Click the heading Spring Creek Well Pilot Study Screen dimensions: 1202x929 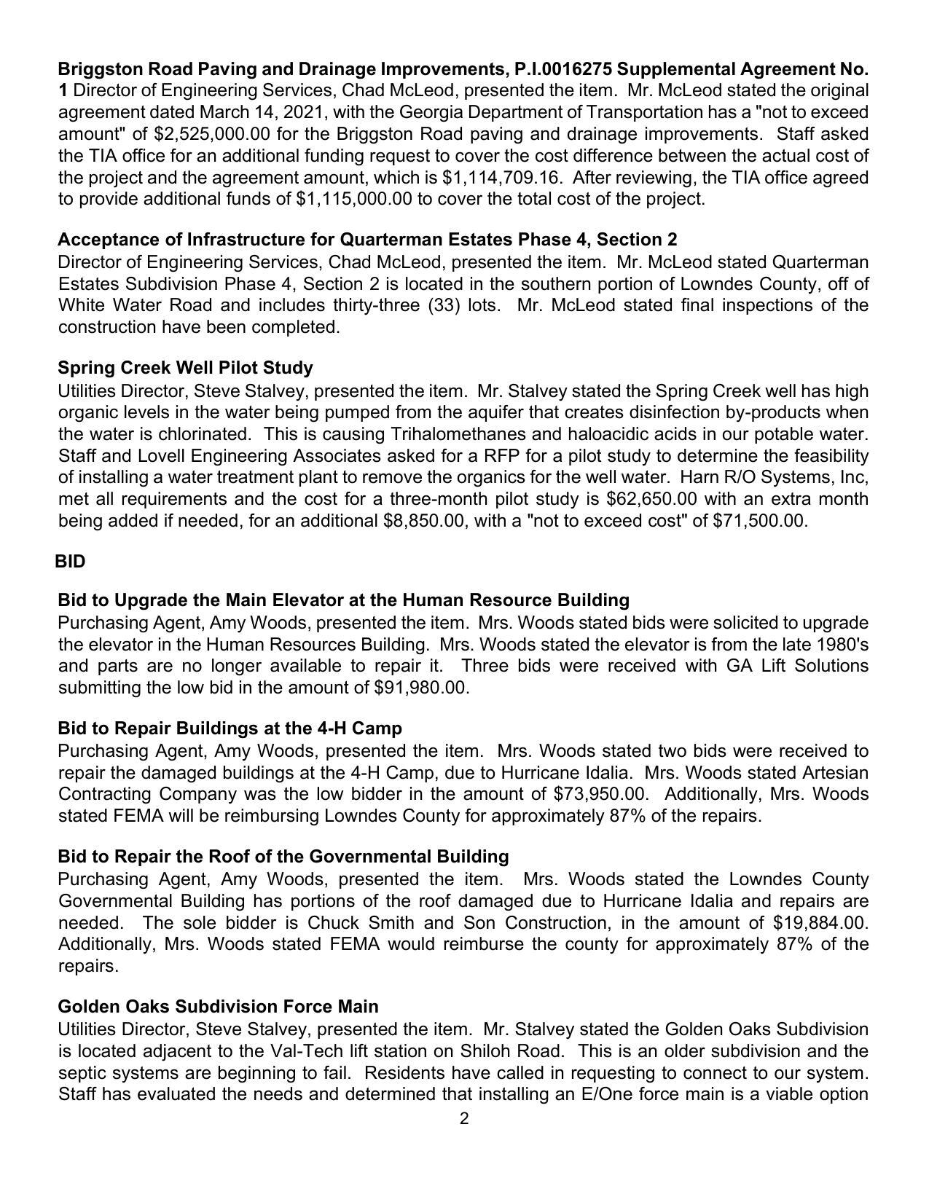185,368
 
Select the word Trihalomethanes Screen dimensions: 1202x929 453,434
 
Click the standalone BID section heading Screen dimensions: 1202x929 70,562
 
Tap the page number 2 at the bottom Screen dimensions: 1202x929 464,1119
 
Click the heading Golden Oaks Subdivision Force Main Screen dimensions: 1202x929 218,1007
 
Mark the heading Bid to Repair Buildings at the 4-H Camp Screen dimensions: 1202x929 230,728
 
